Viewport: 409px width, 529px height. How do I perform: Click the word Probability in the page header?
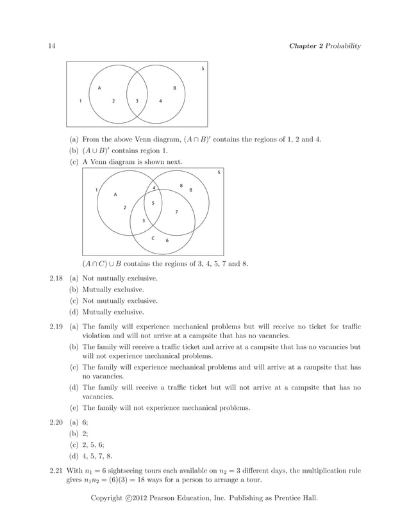coord(342,45)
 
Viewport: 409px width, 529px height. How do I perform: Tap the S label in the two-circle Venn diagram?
coord(203,69)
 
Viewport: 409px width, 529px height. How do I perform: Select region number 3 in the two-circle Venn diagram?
coord(137,101)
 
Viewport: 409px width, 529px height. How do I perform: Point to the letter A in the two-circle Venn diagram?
coord(99,88)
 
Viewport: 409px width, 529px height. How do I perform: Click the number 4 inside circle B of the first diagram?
coord(160,101)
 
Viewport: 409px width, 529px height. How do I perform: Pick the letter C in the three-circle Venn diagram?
coord(153,238)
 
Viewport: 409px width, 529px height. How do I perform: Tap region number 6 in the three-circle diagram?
coord(167,240)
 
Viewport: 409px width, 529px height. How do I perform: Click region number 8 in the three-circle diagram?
coord(181,186)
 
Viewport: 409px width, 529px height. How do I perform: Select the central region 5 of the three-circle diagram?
coord(153,203)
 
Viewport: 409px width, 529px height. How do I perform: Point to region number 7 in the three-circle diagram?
coord(176,212)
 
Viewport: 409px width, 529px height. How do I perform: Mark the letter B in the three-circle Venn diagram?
coord(190,190)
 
